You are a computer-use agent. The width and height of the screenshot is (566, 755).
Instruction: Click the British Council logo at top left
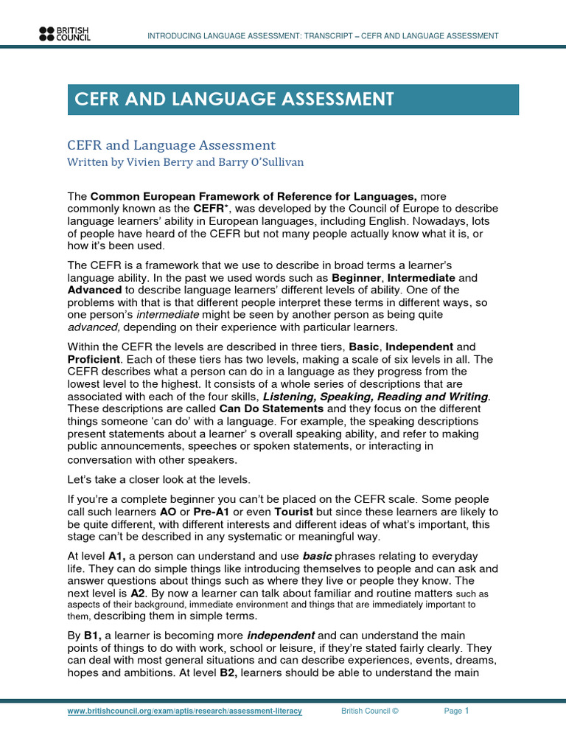click(64, 33)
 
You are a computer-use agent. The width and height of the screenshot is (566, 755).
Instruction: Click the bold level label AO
click(168, 512)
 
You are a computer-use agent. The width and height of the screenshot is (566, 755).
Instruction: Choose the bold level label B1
click(92, 634)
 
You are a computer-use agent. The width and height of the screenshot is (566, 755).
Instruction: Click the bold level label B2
click(228, 672)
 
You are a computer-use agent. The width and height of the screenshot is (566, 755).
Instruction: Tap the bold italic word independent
click(281, 634)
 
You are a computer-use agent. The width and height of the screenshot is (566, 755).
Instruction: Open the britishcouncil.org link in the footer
click(184, 711)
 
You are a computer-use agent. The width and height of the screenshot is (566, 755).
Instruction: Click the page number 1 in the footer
click(467, 711)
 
